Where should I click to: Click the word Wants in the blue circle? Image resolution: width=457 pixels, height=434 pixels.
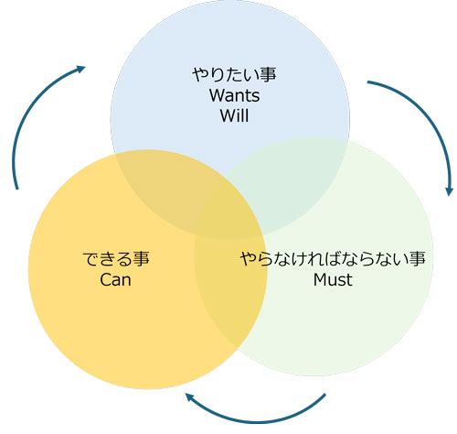coord(234,95)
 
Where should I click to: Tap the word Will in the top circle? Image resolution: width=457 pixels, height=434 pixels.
coord(234,115)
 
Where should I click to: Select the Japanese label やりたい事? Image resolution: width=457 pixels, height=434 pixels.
coord(234,75)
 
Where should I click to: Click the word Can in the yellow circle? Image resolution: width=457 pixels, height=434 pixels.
coord(115,279)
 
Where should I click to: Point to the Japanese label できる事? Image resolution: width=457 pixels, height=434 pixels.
coord(116,259)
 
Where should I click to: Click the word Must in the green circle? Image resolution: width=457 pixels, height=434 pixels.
coord(333,279)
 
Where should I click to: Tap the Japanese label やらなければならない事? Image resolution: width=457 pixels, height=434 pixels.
coord(333,259)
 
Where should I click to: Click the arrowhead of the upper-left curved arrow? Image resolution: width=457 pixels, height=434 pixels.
coord(80,69)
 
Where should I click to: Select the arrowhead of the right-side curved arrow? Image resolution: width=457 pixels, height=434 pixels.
coord(449,190)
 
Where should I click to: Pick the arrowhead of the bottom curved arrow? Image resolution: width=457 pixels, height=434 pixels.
coord(189,397)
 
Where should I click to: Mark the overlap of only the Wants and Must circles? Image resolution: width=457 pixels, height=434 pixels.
coord(292,183)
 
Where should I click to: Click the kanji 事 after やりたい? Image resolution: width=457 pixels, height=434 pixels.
coord(268,75)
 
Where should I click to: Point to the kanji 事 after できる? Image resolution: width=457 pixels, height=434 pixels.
coord(142,259)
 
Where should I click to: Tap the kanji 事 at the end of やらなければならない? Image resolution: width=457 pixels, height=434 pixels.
coord(417,259)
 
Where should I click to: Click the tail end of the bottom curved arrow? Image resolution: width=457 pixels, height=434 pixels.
coord(324,395)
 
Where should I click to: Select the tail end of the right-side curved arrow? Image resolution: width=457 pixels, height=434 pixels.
coord(368,82)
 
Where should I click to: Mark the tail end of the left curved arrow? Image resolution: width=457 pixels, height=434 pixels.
coord(17,189)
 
